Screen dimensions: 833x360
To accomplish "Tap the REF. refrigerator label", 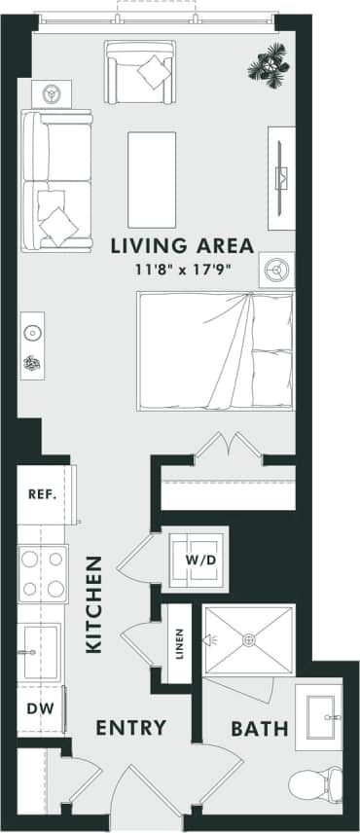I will (42, 494).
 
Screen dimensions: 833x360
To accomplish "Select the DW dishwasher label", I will (39, 708).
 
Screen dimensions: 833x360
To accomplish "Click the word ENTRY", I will (132, 728).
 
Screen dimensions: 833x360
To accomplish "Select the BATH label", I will (260, 728).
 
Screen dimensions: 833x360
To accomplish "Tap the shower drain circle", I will (249, 639).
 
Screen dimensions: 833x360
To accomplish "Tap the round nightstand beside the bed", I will (276, 269).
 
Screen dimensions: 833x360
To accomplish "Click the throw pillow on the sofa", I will (58, 224).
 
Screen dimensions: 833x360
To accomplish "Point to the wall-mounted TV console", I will (282, 177).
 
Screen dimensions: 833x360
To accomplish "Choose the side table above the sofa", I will (50, 94).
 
